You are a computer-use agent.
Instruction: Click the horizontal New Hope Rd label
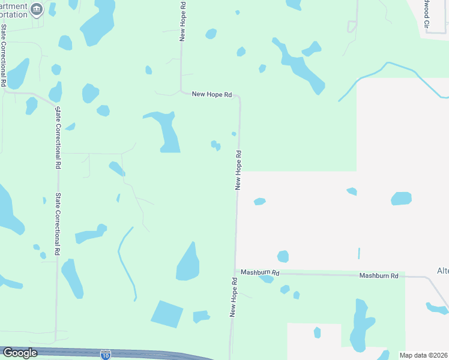click(x=212, y=94)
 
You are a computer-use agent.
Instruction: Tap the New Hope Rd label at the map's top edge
click(x=182, y=20)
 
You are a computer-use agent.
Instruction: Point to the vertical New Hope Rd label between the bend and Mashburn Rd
click(x=238, y=170)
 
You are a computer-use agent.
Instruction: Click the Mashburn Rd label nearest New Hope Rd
click(x=260, y=272)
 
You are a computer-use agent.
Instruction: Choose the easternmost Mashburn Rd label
click(x=379, y=275)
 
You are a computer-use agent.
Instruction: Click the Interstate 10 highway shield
click(x=106, y=354)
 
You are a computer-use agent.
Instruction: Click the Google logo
click(x=20, y=353)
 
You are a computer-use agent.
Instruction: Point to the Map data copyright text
click(x=424, y=355)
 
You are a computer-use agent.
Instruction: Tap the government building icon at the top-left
click(x=37, y=8)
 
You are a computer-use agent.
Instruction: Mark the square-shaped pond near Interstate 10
click(x=167, y=314)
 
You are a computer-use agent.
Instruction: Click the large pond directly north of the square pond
click(x=188, y=263)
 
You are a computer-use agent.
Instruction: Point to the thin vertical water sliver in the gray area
click(x=359, y=253)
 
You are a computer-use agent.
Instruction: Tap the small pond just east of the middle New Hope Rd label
click(x=259, y=202)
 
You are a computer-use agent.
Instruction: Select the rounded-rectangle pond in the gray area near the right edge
click(x=402, y=199)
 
